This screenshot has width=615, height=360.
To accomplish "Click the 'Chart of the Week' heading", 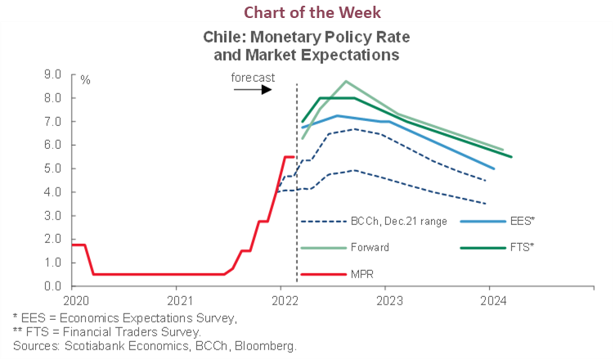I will coord(307,11).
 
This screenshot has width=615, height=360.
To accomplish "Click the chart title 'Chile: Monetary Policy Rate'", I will coord(307,38).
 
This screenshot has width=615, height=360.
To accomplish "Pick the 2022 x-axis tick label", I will coord(281,299).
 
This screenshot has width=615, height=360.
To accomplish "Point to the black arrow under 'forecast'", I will coord(253,88).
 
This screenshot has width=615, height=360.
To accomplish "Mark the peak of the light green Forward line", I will coord(346,81).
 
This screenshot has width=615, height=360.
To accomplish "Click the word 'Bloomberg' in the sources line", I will coord(270,345).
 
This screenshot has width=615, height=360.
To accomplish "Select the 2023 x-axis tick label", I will coord(386,299).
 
